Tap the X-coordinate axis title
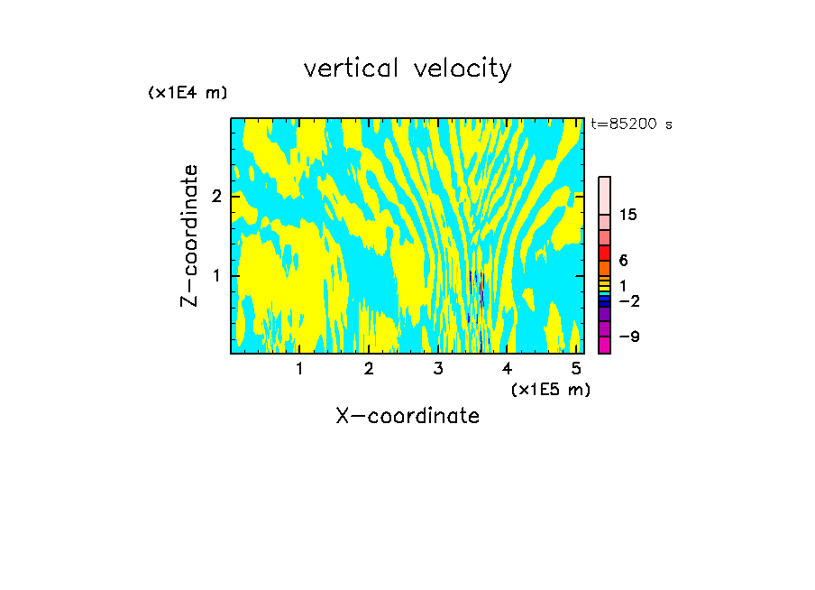407,415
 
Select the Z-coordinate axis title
189,235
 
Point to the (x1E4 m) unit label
188,92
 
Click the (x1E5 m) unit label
550,389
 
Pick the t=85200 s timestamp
631,124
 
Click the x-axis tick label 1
299,368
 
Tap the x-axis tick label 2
369,368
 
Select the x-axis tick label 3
438,368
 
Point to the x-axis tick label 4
508,368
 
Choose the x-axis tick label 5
576,368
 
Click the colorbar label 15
629,215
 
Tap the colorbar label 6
623,261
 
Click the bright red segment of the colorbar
604,253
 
